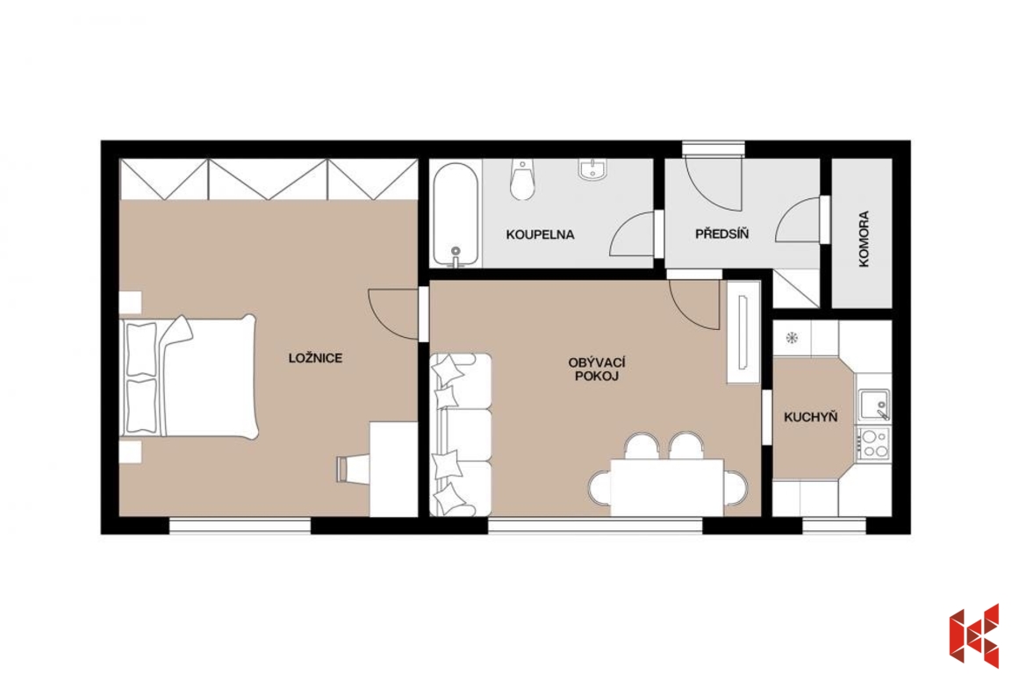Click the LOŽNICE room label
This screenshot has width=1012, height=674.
(315, 358)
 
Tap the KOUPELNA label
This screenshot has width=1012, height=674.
(540, 234)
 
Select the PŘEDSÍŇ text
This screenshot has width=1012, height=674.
(721, 233)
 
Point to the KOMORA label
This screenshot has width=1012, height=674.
(864, 239)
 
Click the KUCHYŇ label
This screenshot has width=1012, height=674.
(810, 417)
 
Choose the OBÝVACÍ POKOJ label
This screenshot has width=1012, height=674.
(597, 369)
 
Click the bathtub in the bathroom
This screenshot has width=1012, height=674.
(456, 214)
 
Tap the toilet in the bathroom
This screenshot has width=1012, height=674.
(522, 179)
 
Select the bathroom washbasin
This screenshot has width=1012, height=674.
(592, 169)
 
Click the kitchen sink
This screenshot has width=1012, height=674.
(872, 405)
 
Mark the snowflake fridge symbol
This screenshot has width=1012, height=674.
(792, 338)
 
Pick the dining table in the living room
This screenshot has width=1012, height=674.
(667, 487)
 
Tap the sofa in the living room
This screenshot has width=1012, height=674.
(461, 434)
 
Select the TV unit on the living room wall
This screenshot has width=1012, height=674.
(743, 333)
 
